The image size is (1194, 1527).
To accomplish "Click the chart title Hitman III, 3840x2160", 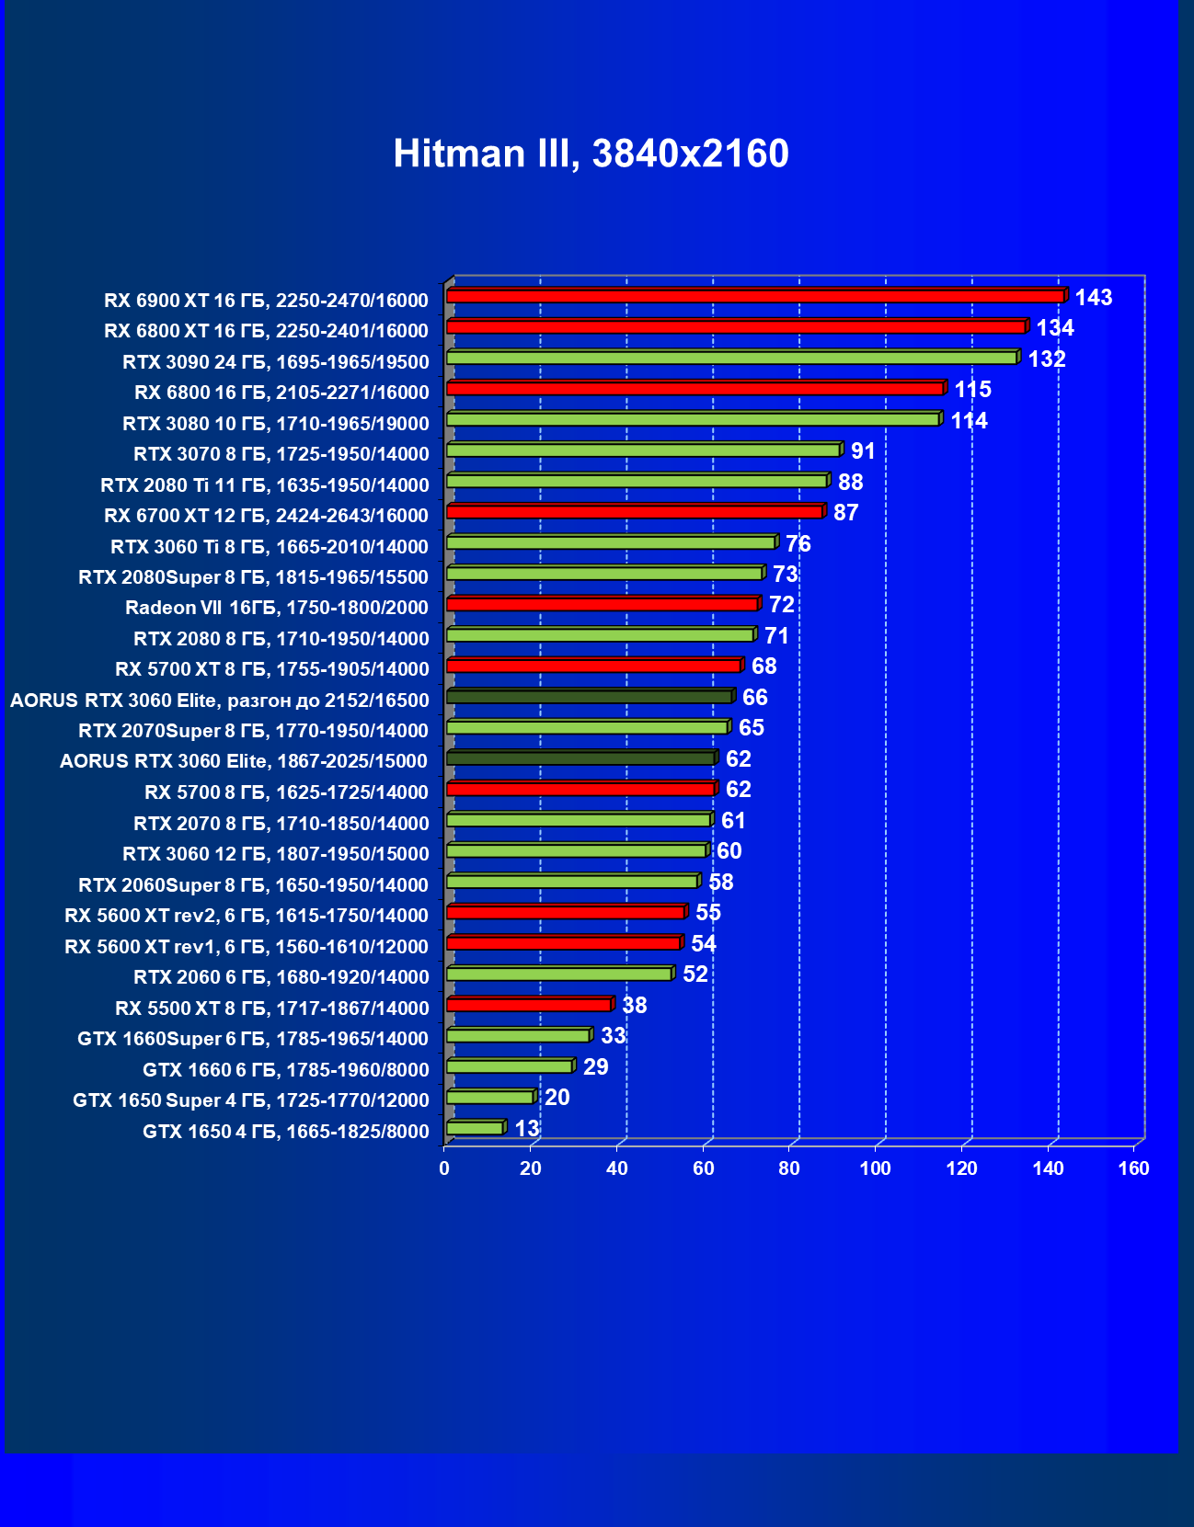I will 591,154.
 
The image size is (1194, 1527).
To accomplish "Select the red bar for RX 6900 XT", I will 754,296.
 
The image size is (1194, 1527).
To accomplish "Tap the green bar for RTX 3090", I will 731,358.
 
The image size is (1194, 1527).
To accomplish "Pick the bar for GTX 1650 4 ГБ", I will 475,1128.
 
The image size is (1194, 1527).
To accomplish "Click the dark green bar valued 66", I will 589,697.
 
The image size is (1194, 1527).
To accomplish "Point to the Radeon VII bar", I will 602,604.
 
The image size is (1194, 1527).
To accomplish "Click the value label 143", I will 1094,297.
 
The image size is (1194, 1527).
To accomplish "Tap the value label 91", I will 863,450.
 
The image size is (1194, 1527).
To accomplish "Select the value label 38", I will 634,1005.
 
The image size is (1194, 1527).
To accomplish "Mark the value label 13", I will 527,1128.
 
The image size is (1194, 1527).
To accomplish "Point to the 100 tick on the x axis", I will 875,1168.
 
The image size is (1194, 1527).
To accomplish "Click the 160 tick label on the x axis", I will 1133,1168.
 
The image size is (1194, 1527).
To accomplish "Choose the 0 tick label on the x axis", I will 444,1168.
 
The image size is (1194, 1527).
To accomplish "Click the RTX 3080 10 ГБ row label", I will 276,423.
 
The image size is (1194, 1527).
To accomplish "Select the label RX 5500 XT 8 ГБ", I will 272,1008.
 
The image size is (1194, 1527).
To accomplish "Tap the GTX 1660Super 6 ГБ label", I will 253,1038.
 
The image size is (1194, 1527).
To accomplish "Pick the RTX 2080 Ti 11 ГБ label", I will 265,484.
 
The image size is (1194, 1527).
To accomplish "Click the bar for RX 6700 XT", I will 635,512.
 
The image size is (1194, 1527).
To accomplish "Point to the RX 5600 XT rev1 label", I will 247,946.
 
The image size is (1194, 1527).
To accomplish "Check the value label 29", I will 595,1066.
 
